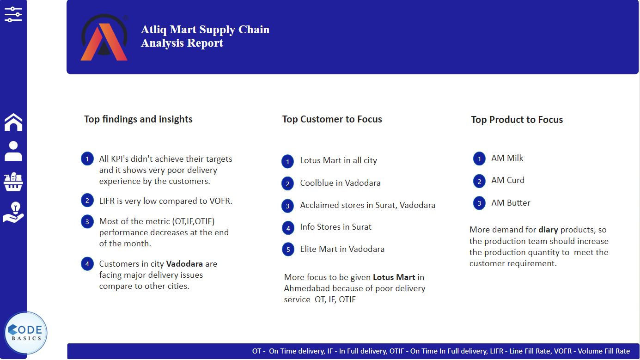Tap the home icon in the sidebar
[x=13, y=122]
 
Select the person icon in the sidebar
[x=13, y=151]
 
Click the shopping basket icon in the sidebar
[x=13, y=182]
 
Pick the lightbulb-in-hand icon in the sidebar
[x=13, y=212]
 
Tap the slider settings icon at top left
[x=13, y=14]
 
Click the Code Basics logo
[x=26, y=333]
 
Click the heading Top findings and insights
[x=138, y=119]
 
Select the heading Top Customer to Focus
[x=332, y=119]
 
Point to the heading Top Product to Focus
[x=517, y=120]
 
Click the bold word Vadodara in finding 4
[x=184, y=264]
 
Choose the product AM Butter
[x=511, y=203]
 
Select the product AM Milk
[x=507, y=158]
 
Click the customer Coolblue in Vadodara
[x=340, y=183]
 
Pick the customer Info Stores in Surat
[x=335, y=227]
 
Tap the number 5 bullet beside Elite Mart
[x=288, y=250]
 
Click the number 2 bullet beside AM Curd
[x=479, y=181]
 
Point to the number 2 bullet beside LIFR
[x=87, y=201]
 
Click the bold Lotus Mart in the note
[x=394, y=277]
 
